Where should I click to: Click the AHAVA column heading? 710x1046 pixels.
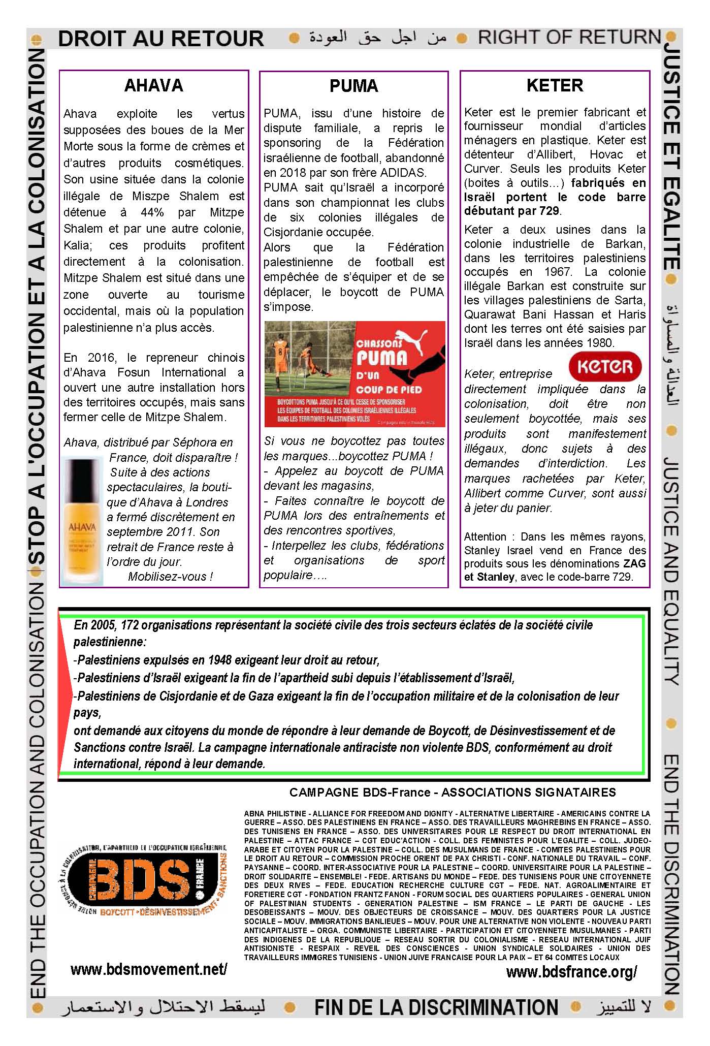[x=153, y=85]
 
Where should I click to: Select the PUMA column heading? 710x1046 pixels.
[x=353, y=86]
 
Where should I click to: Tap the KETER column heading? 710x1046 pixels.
[x=555, y=85]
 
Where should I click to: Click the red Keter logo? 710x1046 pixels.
[x=605, y=366]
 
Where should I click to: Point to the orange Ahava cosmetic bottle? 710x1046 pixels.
[x=82, y=521]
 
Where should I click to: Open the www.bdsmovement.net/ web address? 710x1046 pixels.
[x=149, y=969]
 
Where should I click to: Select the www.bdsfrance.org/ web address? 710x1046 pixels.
[x=571, y=972]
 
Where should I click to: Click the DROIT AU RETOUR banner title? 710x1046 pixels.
[x=160, y=39]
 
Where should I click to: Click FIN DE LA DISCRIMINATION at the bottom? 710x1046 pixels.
[x=436, y=1007]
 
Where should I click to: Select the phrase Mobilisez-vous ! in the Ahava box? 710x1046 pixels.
[x=170, y=577]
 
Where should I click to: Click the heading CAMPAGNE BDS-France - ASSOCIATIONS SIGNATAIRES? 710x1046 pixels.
[x=453, y=792]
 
